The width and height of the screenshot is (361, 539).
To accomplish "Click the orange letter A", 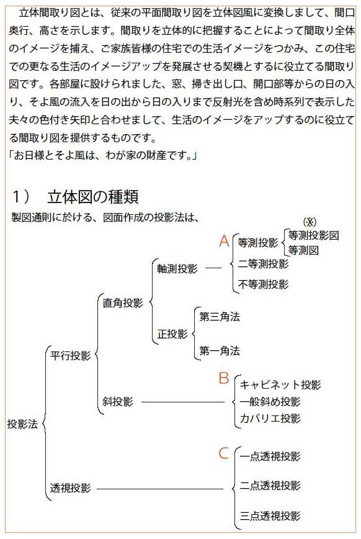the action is [x=224, y=241].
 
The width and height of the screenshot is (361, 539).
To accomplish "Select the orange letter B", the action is [x=223, y=378].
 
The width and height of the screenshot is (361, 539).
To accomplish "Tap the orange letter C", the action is [x=223, y=453].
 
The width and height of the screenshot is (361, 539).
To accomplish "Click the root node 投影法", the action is [x=22, y=424].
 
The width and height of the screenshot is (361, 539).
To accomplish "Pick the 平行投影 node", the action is [x=71, y=355].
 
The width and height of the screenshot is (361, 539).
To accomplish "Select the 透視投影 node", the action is [x=71, y=488].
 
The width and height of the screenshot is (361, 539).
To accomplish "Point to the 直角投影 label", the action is [x=123, y=303].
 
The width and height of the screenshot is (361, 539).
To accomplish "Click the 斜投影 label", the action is [x=117, y=402].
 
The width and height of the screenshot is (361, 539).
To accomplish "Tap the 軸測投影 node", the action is [x=177, y=268].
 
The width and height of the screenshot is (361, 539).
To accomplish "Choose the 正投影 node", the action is [x=172, y=334].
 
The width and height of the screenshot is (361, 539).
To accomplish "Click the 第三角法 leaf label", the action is [x=220, y=317].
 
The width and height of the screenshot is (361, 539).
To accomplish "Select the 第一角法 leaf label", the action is [x=220, y=351].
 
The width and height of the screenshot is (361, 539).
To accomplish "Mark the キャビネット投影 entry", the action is [x=280, y=384].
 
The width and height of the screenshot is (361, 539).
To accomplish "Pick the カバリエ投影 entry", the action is [x=270, y=419].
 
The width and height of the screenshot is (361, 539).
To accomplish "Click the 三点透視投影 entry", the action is [x=270, y=515].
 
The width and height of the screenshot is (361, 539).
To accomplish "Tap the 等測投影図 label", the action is [x=313, y=235].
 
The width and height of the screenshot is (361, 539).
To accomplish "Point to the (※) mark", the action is [x=310, y=222].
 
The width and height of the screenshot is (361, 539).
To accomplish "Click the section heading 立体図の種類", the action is [x=93, y=197].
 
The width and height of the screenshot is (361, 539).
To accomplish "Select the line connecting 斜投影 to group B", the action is [x=183, y=402].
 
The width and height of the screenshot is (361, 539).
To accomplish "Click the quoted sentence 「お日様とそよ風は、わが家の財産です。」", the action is [x=103, y=155].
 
